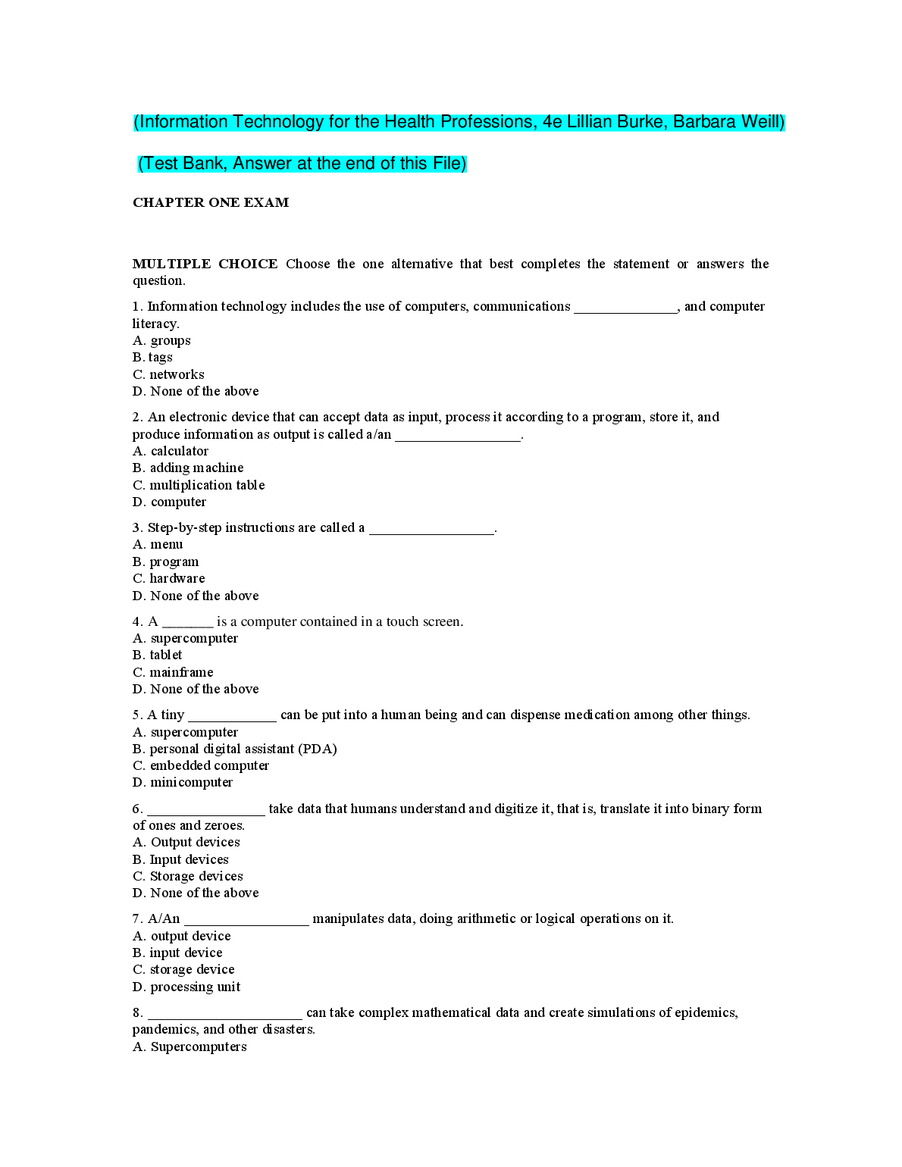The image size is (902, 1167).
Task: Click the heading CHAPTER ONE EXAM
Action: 211,202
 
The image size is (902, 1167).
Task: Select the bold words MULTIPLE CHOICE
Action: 205,264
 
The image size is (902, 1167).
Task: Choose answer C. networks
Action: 168,374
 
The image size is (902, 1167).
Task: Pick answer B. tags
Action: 152,357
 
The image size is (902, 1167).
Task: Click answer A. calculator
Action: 171,451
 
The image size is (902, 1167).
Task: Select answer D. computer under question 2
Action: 169,502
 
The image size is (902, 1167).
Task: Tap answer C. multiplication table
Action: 199,485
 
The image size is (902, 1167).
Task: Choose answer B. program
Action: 165,562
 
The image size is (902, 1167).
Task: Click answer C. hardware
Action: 168,578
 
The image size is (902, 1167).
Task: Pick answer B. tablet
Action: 157,655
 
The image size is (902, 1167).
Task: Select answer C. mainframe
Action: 173,672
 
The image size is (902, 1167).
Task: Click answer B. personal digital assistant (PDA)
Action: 234,749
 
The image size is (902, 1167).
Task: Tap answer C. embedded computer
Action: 201,765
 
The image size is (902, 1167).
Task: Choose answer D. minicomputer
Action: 183,782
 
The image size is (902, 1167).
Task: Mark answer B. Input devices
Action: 180,859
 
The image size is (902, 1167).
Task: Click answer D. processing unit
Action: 186,987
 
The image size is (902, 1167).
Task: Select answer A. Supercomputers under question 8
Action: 189,1047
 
